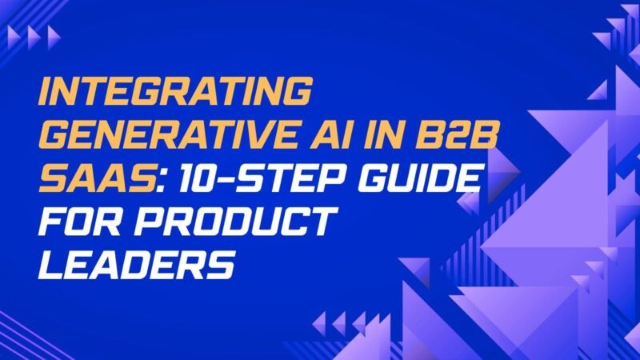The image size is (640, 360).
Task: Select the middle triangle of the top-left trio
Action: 31,35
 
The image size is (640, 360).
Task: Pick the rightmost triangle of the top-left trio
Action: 53,35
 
